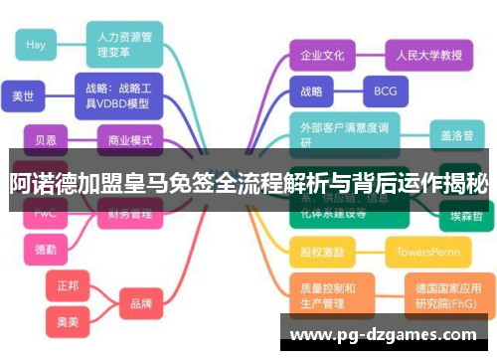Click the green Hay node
pos(37,45)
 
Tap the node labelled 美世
pos(23,95)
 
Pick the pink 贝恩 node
pos(46,139)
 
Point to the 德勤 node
pos(46,248)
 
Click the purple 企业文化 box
pos(322,56)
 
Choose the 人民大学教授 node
pos(422,56)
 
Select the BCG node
pos(385,91)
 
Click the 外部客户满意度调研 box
pos(344,133)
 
